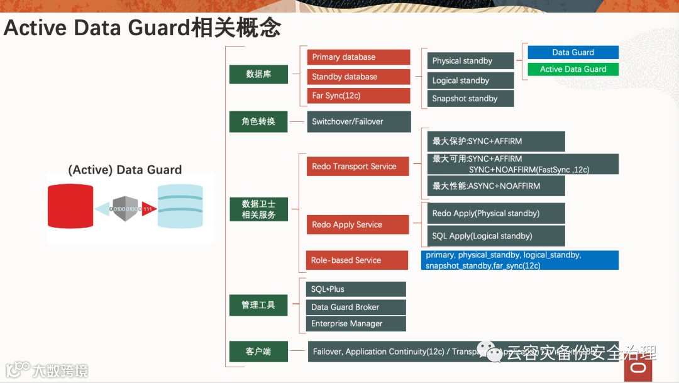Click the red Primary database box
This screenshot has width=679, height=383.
coord(358,57)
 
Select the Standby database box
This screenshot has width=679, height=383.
coord(358,77)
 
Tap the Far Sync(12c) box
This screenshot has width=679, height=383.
coord(358,96)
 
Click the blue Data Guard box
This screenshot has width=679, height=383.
coord(573,52)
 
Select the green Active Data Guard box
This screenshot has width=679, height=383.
coord(573,69)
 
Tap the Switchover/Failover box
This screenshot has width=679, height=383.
coord(359,121)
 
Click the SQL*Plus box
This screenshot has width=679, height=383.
coord(356,289)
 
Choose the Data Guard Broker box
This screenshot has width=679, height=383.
coord(356,307)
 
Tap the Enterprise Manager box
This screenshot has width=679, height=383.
coord(356,323)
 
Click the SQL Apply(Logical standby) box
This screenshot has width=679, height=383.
coord(496,236)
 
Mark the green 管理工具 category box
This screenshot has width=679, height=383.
coord(258,305)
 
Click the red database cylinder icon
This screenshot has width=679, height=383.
coord(70,206)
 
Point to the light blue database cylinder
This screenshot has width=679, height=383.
coord(180,206)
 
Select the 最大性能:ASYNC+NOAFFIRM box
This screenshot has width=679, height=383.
coord(496,186)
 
